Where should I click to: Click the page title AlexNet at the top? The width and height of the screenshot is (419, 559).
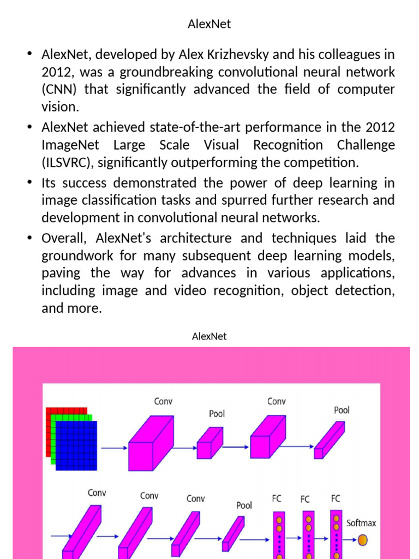click(209, 24)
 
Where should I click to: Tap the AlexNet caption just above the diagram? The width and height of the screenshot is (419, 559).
click(209, 336)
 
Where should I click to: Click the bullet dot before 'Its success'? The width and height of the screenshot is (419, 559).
click(29, 183)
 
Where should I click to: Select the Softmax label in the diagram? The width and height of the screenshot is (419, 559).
click(361, 523)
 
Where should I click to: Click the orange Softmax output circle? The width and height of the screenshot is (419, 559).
click(362, 540)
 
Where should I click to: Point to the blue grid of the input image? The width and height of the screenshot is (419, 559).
click(76, 445)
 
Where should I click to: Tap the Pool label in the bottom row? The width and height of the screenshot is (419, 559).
click(244, 506)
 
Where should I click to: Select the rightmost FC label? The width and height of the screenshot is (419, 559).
click(336, 498)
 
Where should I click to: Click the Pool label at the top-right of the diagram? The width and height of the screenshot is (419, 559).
click(342, 410)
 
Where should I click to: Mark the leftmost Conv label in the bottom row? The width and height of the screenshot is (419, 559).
click(97, 493)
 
